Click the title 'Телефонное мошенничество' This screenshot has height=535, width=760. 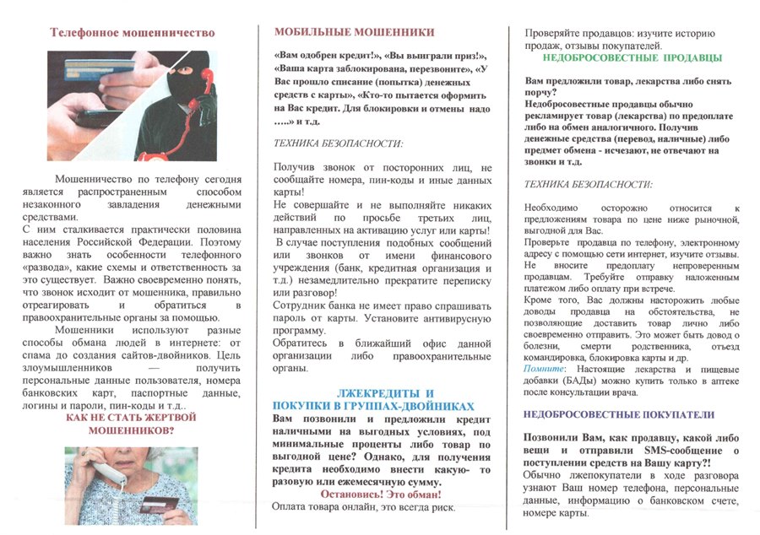point(133,34)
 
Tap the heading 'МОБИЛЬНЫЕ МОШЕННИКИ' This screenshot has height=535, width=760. point(355,32)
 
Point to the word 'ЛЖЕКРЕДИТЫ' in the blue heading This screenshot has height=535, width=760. point(372,394)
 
